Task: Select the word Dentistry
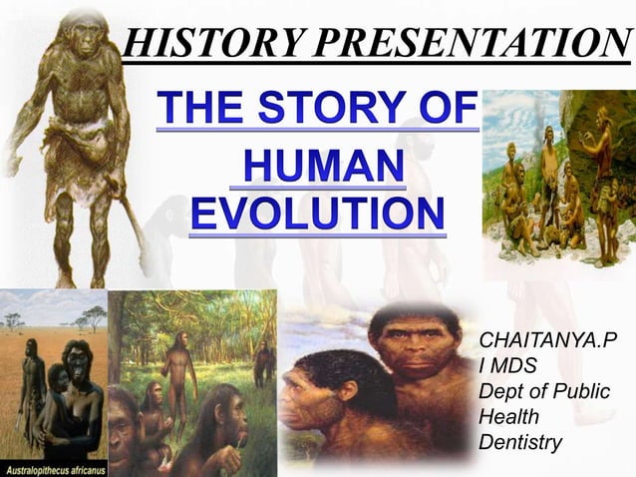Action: (520, 441)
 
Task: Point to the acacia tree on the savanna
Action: (95, 317)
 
